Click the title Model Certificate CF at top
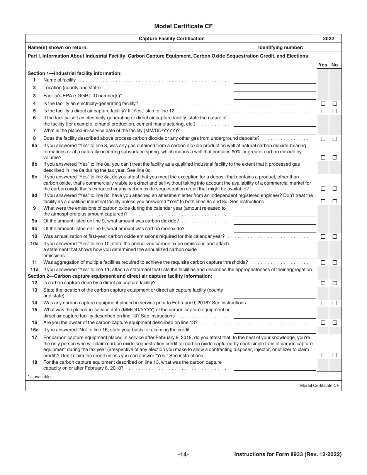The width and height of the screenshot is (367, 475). click(x=183, y=26)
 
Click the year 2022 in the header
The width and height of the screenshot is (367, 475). click(x=329, y=39)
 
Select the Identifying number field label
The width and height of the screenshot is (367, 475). click(x=280, y=47)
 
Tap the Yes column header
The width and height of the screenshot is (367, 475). click(x=323, y=65)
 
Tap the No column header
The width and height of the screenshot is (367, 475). click(x=335, y=65)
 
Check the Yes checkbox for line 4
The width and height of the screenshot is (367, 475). click(x=323, y=103)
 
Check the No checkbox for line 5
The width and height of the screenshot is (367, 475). click(x=335, y=111)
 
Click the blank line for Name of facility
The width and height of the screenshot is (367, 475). click(x=275, y=81)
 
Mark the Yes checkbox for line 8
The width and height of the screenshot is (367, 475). click(x=323, y=139)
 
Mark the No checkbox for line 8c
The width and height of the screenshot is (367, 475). click(x=335, y=189)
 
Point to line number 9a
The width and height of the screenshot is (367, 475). click(x=34, y=221)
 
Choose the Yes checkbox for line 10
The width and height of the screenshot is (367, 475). click(x=323, y=236)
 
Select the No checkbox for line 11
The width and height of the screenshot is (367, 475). click(x=335, y=263)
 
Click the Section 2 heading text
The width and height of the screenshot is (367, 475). click(x=120, y=276)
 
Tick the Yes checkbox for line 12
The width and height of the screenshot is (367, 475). click(x=323, y=283)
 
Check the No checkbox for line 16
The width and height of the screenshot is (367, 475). click(x=335, y=322)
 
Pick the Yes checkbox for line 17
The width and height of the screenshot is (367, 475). click(x=323, y=355)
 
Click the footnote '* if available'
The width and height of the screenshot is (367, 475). click(x=39, y=377)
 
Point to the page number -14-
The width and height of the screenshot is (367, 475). click(x=183, y=455)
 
